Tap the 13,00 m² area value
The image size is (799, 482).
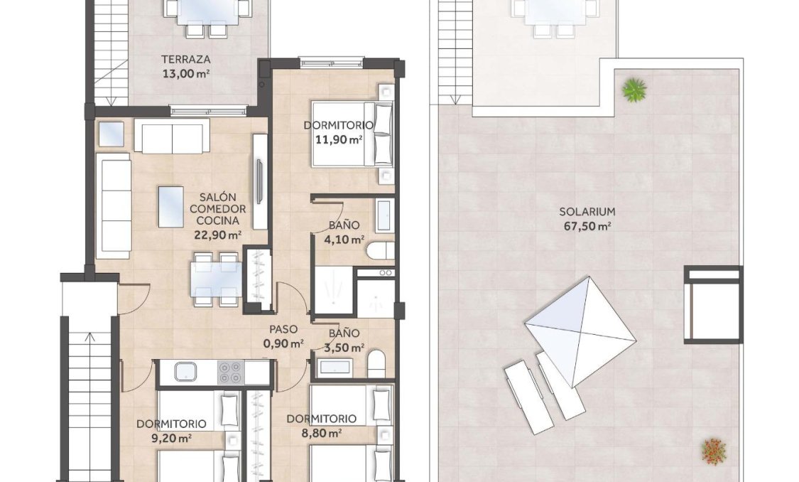(x=185, y=73)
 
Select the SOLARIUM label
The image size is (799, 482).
(x=587, y=212)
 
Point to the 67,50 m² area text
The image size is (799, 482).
(x=587, y=226)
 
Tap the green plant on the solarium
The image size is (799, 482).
(x=634, y=90)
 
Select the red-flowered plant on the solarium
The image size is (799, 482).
(x=714, y=449)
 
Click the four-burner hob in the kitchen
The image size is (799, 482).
(x=230, y=371)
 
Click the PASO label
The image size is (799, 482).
(x=283, y=330)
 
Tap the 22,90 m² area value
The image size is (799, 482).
(x=217, y=236)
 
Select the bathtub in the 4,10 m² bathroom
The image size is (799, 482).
(x=384, y=215)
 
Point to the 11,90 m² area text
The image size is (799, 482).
(x=339, y=139)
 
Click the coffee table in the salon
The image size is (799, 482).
(x=170, y=206)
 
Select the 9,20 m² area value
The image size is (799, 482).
(x=171, y=438)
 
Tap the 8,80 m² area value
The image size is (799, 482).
(x=321, y=432)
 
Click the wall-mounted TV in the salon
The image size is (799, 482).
(x=259, y=183)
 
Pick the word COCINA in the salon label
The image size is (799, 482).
(x=217, y=222)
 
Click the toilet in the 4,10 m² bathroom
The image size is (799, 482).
(x=379, y=252)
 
